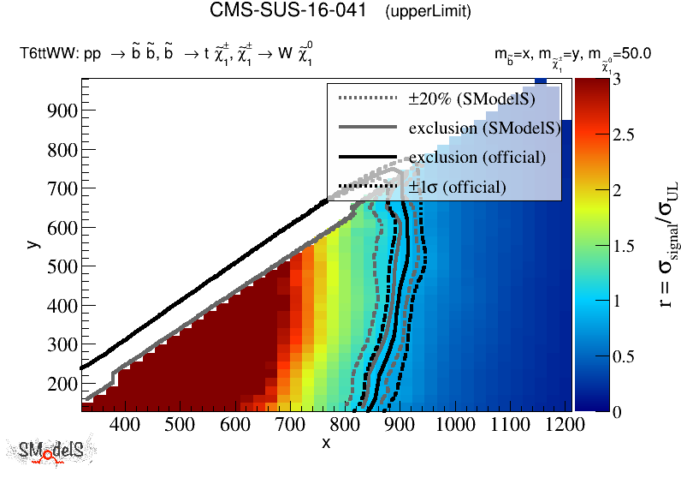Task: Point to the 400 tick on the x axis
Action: point(125,424)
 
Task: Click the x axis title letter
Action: point(326,443)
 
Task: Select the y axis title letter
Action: point(33,244)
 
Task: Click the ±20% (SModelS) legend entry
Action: point(471,99)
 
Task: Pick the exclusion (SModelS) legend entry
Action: point(484,128)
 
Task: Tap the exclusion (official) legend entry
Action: point(477,158)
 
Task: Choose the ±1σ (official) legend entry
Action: point(457,187)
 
